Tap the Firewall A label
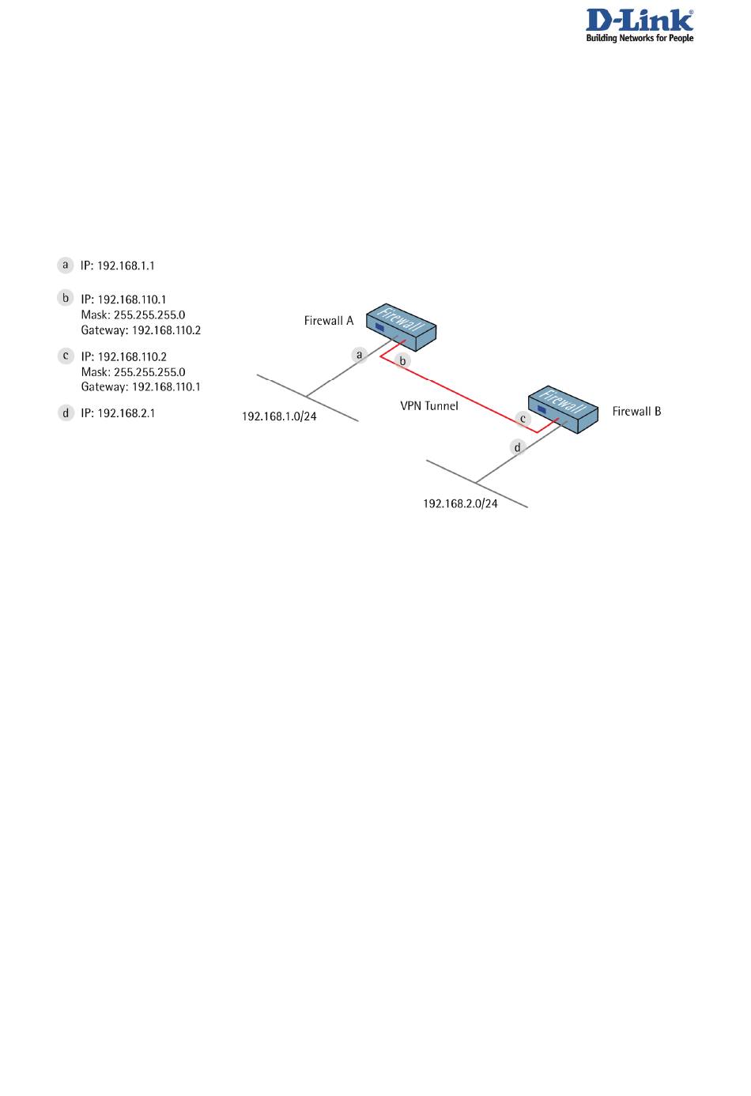[329, 321]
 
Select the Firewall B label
[636, 412]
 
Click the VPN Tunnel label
[429, 406]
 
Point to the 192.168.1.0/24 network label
[279, 416]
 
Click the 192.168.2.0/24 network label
[460, 503]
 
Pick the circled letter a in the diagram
[360, 355]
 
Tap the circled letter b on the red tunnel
[402, 361]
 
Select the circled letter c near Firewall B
[523, 419]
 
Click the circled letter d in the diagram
[518, 447]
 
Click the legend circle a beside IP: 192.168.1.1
[66, 265]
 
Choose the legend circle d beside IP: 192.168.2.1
[66, 412]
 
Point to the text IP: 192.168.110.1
[123, 299]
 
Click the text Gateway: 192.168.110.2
[141, 330]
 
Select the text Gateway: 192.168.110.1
[141, 387]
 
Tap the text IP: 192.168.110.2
[123, 356]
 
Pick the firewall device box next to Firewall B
[564, 409]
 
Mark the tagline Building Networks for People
[640, 38]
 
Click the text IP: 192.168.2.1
[118, 413]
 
